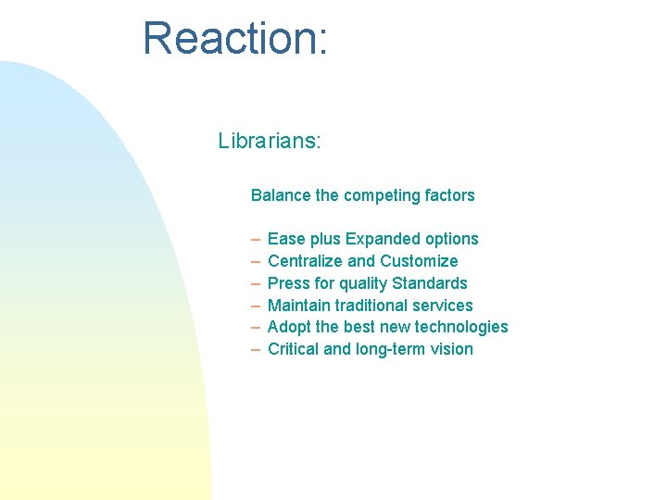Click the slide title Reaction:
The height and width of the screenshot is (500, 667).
coord(234,39)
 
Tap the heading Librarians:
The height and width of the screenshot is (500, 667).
coord(270,141)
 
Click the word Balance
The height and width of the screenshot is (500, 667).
coord(281,195)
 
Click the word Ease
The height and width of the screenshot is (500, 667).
coord(284,239)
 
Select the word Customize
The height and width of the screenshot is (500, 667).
coord(419,261)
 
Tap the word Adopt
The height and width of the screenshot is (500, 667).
coord(287,327)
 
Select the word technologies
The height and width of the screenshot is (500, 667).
coord(461,327)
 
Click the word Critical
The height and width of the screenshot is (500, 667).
coord(293,349)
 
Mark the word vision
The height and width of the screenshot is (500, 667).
coord(452,349)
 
